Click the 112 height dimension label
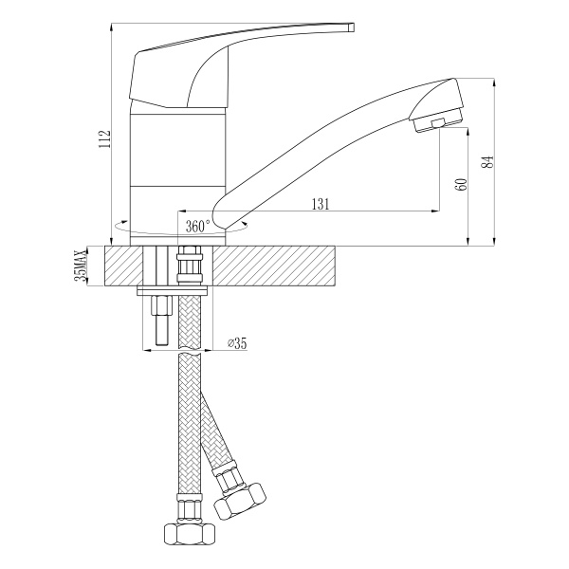coord(104,139)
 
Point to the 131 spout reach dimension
coord(321,204)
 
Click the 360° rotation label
coord(198,227)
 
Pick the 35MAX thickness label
coord(80,266)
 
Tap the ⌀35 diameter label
coord(237,343)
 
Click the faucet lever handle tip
coord(351,28)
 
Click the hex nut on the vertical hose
coord(190,533)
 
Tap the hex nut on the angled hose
coord(240,501)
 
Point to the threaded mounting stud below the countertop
coord(162,321)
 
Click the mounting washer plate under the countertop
coord(172,290)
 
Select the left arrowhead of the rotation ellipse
coord(123,222)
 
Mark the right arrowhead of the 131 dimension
coord(435,211)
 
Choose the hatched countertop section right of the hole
coord(274,266)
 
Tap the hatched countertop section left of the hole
coord(123,266)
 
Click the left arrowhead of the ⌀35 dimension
coord(146,351)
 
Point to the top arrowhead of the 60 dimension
coord(468,133)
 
